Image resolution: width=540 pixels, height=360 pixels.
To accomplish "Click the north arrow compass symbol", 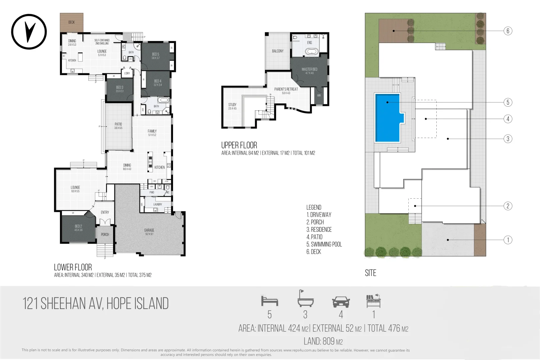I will click(29, 32).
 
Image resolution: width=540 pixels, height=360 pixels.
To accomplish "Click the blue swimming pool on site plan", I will click(387, 118).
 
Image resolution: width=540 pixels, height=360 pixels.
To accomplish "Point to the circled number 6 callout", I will click(508, 31).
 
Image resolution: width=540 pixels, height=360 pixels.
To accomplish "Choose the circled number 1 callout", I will click(508, 240).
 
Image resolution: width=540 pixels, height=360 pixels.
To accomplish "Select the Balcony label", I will click(278, 51).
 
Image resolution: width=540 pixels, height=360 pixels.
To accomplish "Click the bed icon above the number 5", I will click(269, 301).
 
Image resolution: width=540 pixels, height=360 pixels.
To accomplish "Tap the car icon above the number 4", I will click(341, 302).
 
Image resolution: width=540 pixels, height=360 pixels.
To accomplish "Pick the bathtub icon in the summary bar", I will click(305, 299).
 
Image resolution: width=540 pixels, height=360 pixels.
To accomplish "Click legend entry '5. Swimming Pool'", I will click(324, 244).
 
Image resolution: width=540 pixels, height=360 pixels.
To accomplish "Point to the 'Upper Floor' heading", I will click(239, 145).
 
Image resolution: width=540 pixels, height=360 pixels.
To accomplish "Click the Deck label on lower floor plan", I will click(72, 22).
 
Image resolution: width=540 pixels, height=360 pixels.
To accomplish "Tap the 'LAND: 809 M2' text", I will click(323, 341).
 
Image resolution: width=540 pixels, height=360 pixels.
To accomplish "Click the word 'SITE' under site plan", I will click(370, 273).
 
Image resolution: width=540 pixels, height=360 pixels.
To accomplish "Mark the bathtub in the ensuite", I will click(312, 52).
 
